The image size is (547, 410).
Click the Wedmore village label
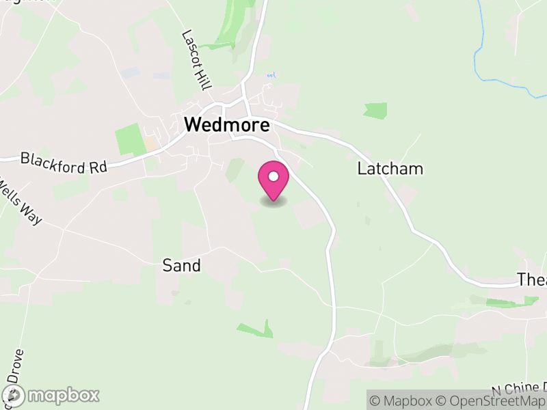pyautogui.click(x=227, y=125)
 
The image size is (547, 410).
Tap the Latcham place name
pyautogui.click(x=390, y=169)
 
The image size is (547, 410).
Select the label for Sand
pyautogui.click(x=181, y=265)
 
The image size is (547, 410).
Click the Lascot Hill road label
pyautogui.click(x=197, y=61)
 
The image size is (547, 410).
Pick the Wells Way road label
pyautogui.click(x=21, y=202)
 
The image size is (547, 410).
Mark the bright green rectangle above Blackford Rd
pyautogui.click(x=128, y=139)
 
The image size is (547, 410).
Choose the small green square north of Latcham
pyautogui.click(x=375, y=111)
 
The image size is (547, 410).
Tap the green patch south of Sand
pyautogui.click(x=256, y=330)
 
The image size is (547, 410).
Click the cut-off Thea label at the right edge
pyautogui.click(x=531, y=279)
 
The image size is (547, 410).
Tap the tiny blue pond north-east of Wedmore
pyautogui.click(x=271, y=74)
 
